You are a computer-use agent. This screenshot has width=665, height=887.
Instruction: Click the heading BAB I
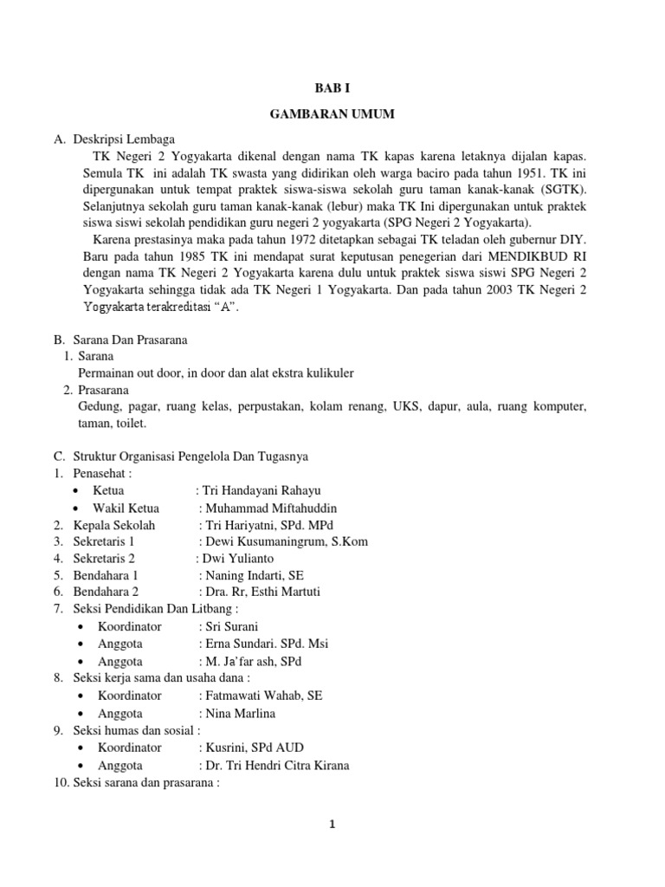coord(332,87)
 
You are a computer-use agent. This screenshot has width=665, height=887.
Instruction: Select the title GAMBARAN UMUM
coord(332,114)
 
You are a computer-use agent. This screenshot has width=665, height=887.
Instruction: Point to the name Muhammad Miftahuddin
coord(271,508)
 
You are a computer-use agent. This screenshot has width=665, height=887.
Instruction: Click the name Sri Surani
coord(232,626)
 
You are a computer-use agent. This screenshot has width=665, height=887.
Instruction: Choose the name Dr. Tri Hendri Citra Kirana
coord(277,766)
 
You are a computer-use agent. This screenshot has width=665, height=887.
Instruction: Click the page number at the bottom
coord(332,825)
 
